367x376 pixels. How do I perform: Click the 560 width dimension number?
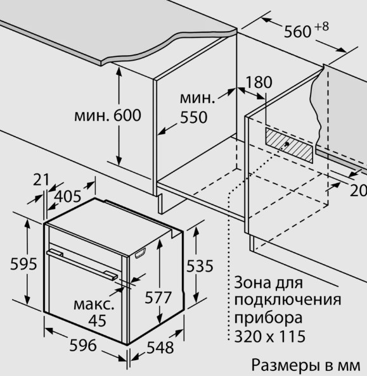click(x=297, y=32)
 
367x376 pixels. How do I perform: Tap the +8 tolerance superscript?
click(x=321, y=27)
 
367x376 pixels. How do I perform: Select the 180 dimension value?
click(x=259, y=82)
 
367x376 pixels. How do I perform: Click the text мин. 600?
click(x=108, y=115)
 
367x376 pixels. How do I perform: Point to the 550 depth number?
click(x=193, y=117)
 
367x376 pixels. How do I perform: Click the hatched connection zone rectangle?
click(x=289, y=145)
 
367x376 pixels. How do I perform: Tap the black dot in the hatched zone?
click(x=287, y=144)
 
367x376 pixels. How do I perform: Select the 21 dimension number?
click(x=41, y=180)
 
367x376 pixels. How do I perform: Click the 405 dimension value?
click(x=68, y=196)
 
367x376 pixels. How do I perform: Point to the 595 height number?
click(x=23, y=264)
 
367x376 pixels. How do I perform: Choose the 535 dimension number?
click(x=200, y=266)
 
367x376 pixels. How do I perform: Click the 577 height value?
click(x=158, y=298)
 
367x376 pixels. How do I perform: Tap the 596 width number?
click(x=83, y=346)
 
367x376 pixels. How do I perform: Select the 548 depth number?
click(x=160, y=348)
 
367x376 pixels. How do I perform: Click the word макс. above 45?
click(x=94, y=304)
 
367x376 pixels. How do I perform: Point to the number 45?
click(x=97, y=320)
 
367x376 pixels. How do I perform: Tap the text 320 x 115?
click(x=270, y=336)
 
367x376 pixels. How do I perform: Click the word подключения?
click(x=288, y=300)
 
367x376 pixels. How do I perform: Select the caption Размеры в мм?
click(x=306, y=365)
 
